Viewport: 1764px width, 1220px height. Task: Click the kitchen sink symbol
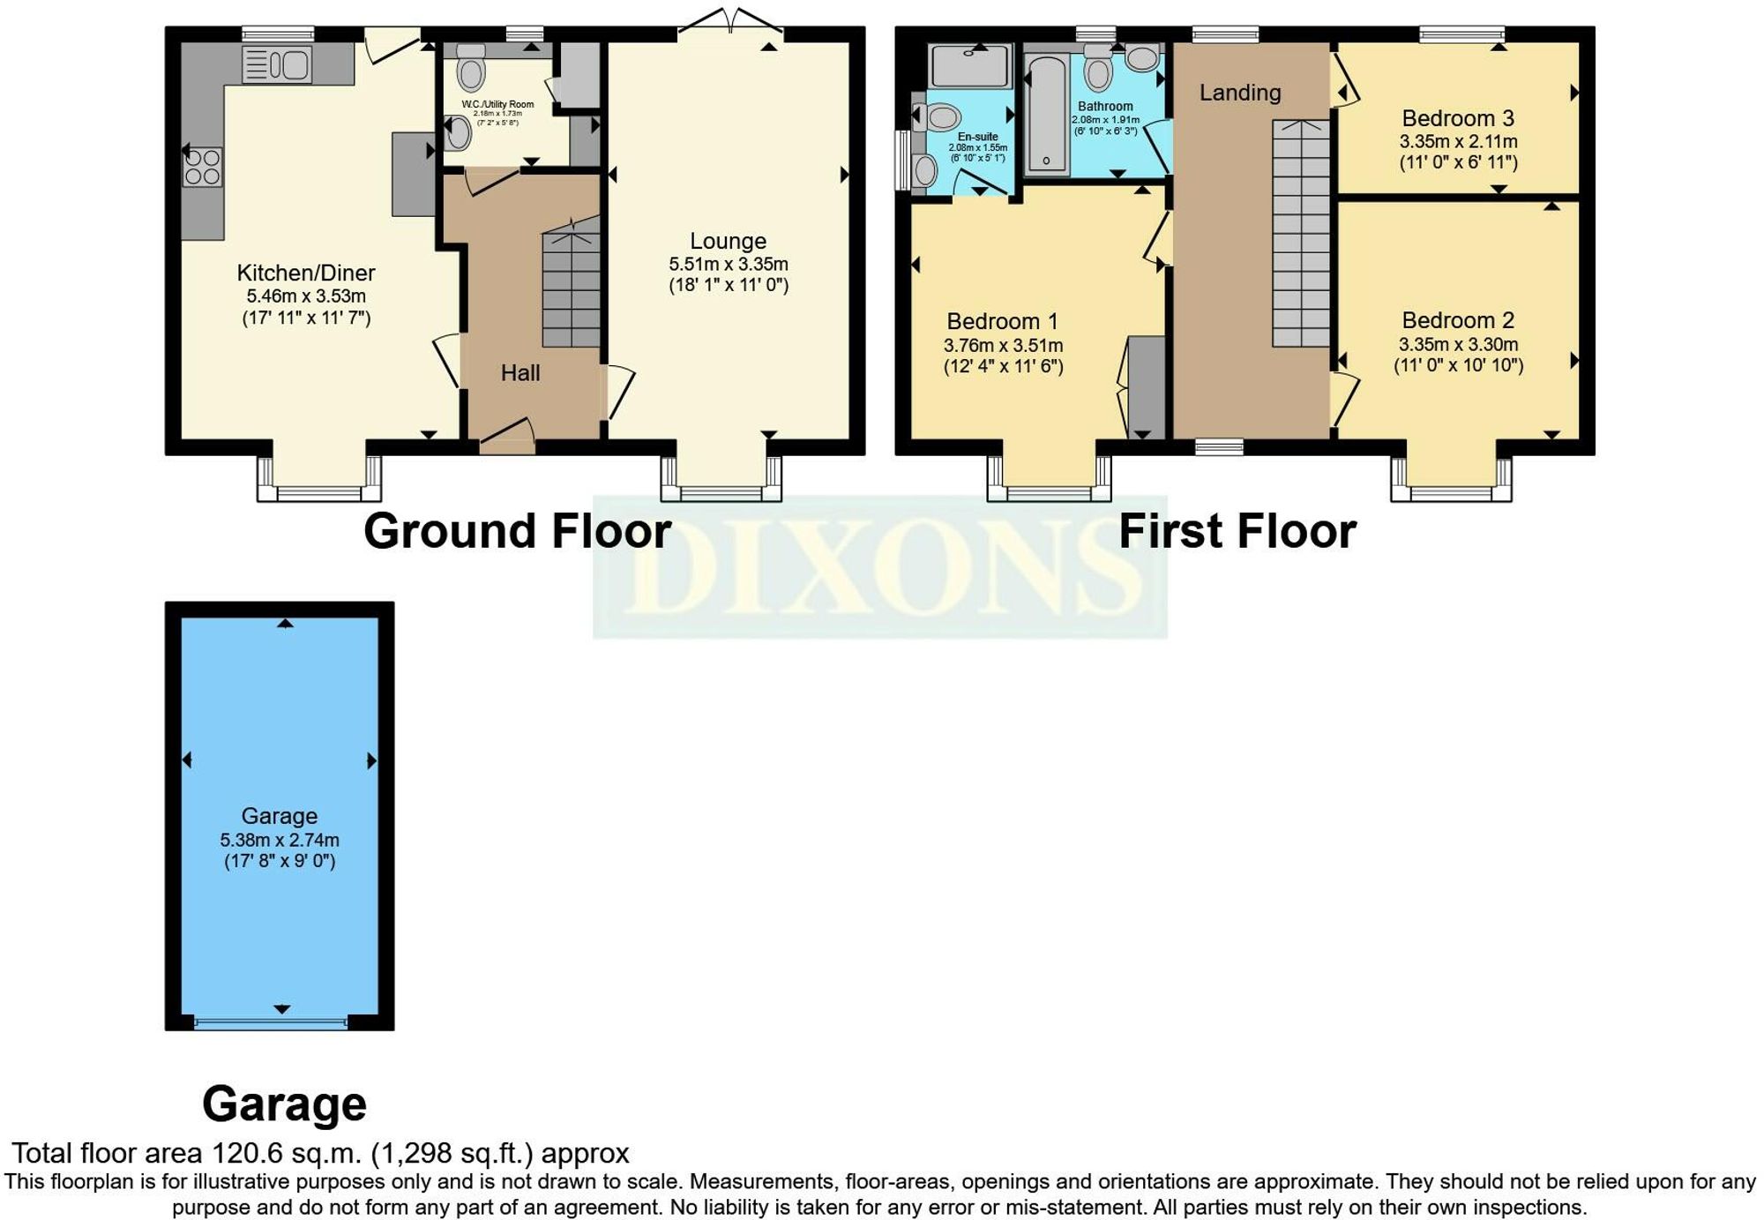point(277,64)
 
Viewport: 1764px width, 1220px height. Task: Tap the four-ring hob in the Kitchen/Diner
point(202,168)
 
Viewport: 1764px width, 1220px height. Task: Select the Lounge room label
point(728,241)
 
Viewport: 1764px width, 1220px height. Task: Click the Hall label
point(520,373)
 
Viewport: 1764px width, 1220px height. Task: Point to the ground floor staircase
point(572,287)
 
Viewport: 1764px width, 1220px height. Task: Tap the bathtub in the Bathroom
point(1048,115)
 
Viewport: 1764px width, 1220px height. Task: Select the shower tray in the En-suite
point(970,66)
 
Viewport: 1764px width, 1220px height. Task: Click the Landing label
point(1239,93)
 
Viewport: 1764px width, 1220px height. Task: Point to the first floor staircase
point(1300,234)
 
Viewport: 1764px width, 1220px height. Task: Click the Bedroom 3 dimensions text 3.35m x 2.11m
point(1458,141)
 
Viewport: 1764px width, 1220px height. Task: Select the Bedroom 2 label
point(1458,320)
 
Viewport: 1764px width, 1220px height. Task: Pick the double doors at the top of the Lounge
point(731,22)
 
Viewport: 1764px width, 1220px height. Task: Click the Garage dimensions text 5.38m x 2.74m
point(280,840)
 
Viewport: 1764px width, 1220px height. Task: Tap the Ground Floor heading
point(518,531)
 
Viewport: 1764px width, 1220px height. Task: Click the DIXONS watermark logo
point(879,566)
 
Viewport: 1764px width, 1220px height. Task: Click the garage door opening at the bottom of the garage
point(271,1022)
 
